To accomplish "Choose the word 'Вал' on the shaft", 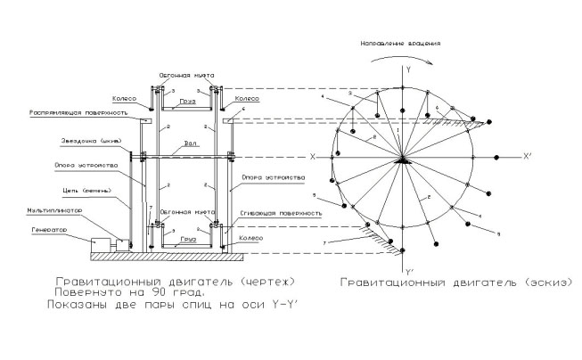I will pos(190,142).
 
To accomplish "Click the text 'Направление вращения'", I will pos(400,42).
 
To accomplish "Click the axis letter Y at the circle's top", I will pos(406,68).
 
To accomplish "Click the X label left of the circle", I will pos(313,156).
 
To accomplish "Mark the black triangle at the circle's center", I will pos(404,160).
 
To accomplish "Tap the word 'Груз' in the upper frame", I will pos(185,102).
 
